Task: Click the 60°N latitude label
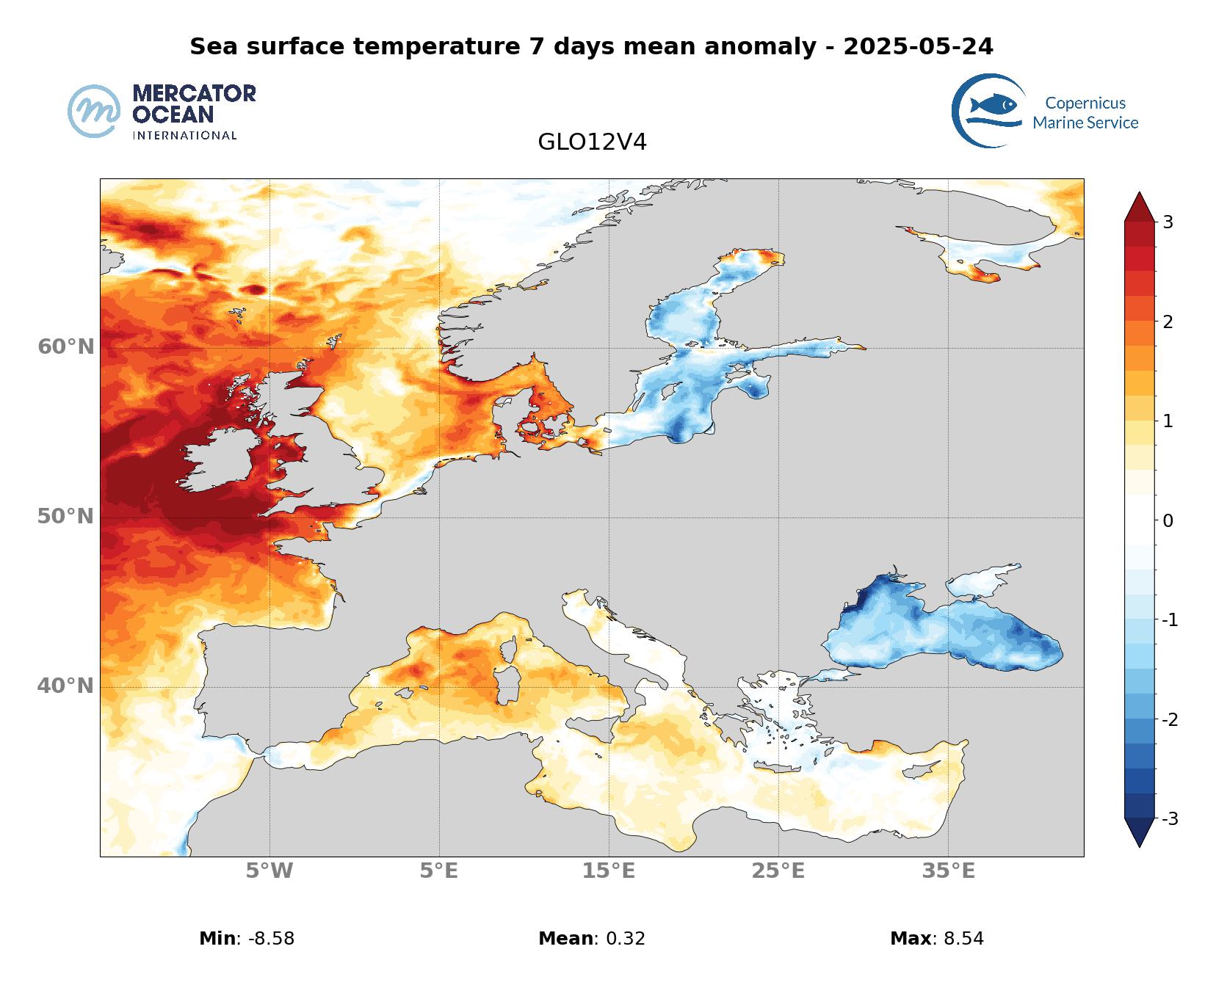[x=66, y=346]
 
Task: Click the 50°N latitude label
[x=66, y=517]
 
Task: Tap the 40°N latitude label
[x=66, y=686]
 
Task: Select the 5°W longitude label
[x=269, y=871]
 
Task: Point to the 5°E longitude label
[x=439, y=871]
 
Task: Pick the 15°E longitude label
[x=609, y=871]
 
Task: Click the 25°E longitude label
[x=778, y=871]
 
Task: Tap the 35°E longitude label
[x=949, y=871]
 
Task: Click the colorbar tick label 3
[x=1168, y=222]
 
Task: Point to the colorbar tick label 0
[x=1168, y=520]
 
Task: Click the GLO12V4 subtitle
[x=592, y=142]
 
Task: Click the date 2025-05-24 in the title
[x=918, y=46]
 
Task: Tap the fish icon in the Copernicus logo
[x=993, y=105]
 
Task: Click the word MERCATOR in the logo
[x=194, y=93]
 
